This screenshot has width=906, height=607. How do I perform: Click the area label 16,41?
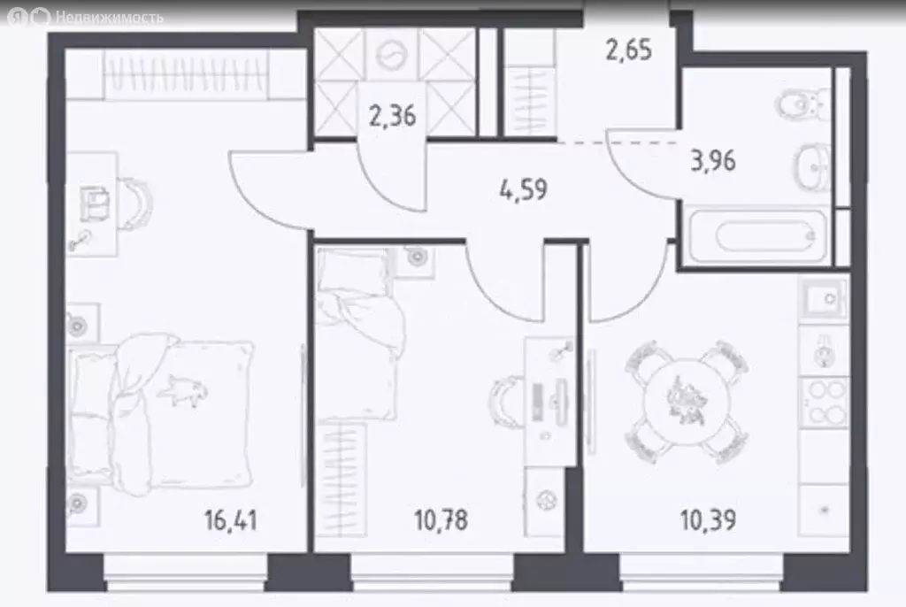click(x=231, y=519)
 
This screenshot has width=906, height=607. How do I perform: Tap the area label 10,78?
click(x=440, y=519)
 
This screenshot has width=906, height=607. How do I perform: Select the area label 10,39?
click(x=707, y=519)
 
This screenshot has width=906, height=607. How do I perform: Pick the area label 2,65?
click(x=628, y=50)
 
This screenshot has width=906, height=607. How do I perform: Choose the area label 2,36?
click(x=392, y=116)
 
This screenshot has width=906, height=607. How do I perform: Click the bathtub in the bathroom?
click(x=764, y=237)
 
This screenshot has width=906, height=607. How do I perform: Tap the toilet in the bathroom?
click(x=807, y=104)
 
